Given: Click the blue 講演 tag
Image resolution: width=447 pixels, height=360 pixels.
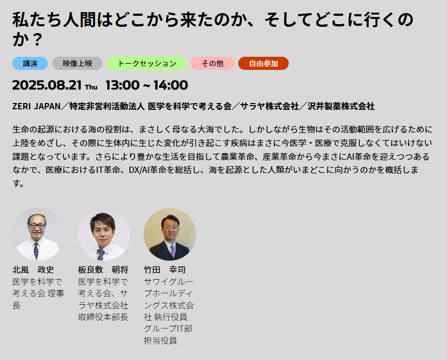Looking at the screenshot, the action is click(30, 63).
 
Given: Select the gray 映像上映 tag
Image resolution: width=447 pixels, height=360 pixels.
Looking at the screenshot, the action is click(77, 63).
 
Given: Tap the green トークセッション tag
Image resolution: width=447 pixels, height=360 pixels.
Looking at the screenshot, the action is click(147, 63).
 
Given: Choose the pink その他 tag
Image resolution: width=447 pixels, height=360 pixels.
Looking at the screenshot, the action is click(212, 63).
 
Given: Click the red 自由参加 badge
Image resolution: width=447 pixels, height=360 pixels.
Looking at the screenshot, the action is click(263, 63).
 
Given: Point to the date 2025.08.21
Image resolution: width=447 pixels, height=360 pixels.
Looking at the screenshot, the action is click(47, 85).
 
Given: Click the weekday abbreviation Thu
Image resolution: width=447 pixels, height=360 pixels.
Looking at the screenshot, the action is click(91, 87).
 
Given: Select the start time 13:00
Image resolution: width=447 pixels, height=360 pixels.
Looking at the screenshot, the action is click(123, 85).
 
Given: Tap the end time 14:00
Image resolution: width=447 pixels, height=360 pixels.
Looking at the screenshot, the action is click(171, 85).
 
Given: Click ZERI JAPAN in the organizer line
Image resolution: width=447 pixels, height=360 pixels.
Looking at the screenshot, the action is click(36, 106).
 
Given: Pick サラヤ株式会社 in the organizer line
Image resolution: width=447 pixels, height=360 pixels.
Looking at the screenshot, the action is click(269, 106).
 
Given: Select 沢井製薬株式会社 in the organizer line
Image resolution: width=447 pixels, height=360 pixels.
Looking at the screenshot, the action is click(341, 106).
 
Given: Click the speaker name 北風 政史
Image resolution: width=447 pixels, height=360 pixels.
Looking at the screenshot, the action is click(33, 270).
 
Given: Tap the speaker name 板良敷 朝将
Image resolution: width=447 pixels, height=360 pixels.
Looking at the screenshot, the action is click(103, 270).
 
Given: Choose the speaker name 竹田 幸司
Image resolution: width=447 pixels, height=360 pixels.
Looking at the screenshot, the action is click(165, 270).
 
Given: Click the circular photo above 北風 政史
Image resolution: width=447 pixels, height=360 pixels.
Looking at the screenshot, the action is click(38, 234).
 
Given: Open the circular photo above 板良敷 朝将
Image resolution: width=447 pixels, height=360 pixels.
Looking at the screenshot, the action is click(104, 234).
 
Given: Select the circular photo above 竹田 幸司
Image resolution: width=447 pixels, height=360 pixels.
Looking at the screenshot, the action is click(170, 234).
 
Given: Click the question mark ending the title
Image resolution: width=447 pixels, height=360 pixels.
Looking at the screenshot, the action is click(36, 39).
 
